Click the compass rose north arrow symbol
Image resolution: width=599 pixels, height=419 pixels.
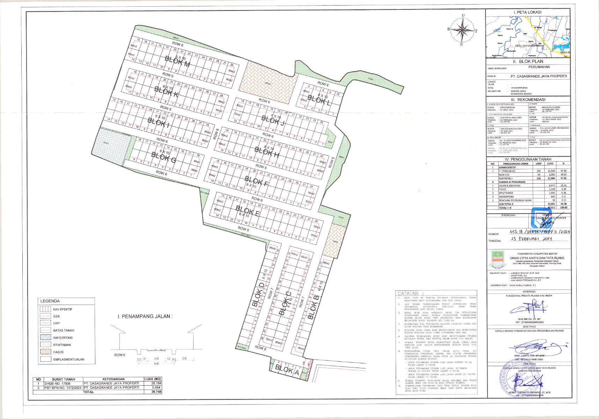pos(462,29)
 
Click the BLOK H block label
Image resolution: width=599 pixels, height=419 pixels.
pos(267,151)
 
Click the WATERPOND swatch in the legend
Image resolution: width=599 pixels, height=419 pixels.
pos(46,338)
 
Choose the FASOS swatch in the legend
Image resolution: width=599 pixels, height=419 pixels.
pos(46,352)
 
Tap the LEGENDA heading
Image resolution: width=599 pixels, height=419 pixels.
pos(50,301)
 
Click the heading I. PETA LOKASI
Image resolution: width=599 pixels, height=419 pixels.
pos(527,12)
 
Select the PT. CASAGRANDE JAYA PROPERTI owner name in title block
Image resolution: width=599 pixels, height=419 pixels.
pos(539,76)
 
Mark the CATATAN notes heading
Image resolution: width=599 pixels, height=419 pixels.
pos(408,293)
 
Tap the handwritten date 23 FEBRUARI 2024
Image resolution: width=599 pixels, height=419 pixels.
pos(531,239)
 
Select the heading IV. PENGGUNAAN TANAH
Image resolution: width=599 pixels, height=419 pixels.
pos(528,159)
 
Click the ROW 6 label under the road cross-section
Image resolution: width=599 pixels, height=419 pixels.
pos(119,355)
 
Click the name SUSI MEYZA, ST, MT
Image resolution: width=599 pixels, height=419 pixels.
pos(529,319)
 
